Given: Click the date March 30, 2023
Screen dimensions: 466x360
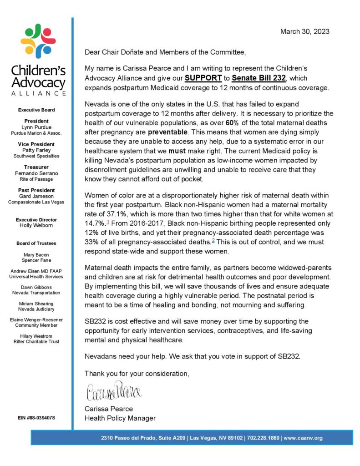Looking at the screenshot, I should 304,31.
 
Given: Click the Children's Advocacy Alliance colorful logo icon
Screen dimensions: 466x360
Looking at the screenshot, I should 38,41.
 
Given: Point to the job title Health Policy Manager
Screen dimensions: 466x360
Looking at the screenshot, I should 120,418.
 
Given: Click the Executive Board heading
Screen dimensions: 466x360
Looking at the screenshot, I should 36,110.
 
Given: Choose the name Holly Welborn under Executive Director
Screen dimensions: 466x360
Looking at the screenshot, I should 36,226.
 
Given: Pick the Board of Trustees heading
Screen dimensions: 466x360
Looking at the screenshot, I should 36,243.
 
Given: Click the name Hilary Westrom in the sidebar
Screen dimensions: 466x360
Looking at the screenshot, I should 36,335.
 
